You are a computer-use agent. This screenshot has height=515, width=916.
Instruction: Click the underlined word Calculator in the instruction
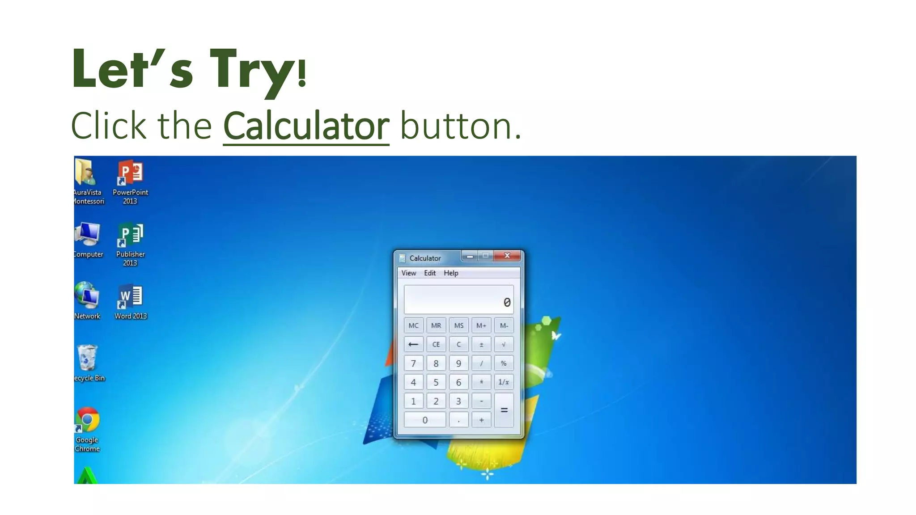pyautogui.click(x=306, y=127)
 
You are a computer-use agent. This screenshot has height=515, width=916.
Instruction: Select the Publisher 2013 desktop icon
pyautogui.click(x=130, y=236)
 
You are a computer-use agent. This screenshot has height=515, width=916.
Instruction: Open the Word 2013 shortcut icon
pyautogui.click(x=130, y=297)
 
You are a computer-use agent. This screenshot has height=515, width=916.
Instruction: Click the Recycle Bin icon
pyautogui.click(x=87, y=358)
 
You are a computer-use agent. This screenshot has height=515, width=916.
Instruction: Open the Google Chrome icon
pyautogui.click(x=87, y=420)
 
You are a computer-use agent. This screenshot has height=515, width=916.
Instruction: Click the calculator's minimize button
pyautogui.click(x=470, y=256)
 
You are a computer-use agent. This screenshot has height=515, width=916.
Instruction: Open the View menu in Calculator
pyautogui.click(x=408, y=273)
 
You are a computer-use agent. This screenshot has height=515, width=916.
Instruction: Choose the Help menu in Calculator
pyautogui.click(x=451, y=273)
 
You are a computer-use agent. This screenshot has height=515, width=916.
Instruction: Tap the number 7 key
pyautogui.click(x=413, y=363)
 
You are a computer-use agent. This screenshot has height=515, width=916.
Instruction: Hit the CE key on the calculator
pyautogui.click(x=436, y=344)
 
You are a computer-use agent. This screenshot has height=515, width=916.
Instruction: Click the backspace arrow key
pyautogui.click(x=413, y=344)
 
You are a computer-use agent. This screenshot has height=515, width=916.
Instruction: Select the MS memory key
pyautogui.click(x=458, y=325)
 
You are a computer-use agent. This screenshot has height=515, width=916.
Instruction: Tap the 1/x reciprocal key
pyautogui.click(x=504, y=382)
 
